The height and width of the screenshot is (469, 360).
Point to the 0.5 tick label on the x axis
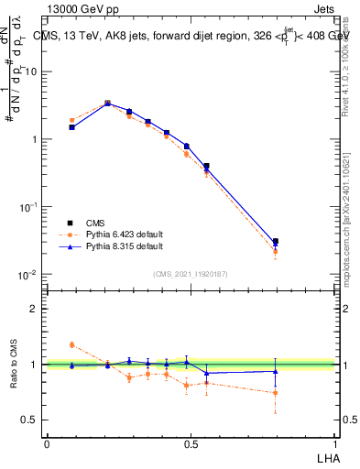coord(191,443)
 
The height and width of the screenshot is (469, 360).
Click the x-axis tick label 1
coord(335,443)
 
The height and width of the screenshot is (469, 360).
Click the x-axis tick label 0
coord(47,443)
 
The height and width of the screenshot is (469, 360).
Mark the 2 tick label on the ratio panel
coord(33,309)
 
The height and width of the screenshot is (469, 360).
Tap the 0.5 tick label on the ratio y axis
coord(28,420)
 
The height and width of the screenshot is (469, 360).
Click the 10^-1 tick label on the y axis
coord(27,207)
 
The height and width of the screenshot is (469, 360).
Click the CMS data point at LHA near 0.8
coord(276,242)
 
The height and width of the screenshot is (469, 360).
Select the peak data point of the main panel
coord(107,104)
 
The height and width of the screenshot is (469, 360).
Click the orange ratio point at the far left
coord(72,344)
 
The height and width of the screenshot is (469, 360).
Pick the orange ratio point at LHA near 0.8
coord(276,393)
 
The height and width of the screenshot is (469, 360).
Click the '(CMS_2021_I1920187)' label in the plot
coord(191,274)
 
